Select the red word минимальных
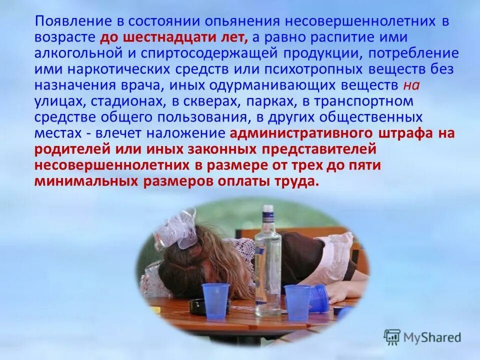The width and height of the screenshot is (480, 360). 84,181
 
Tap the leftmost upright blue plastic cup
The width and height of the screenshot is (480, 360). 215,301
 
